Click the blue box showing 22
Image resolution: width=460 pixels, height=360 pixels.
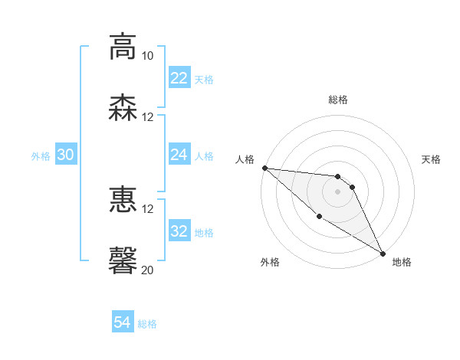[179, 78]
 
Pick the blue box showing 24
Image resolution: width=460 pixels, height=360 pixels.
[179, 155]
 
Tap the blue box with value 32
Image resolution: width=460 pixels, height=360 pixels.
[179, 231]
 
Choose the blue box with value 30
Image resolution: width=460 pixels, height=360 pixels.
[66, 155]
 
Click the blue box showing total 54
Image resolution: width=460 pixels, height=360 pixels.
[122, 323]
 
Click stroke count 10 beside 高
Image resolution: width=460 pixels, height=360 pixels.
[148, 56]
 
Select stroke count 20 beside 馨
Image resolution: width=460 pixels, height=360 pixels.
[148, 270]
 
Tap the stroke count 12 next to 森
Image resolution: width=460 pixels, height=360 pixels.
[148, 117]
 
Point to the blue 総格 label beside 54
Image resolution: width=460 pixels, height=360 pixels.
[147, 324]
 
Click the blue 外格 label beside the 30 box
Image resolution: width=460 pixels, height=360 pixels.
[41, 155]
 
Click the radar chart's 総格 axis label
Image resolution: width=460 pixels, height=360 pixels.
[337, 100]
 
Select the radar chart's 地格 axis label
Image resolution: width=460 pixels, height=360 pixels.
[402, 262]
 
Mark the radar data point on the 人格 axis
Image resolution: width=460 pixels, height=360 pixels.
[264, 168]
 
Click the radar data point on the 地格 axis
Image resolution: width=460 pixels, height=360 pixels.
[382, 253]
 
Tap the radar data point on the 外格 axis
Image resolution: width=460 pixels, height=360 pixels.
[320, 216]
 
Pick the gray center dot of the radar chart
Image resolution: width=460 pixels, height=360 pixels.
[337, 191]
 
